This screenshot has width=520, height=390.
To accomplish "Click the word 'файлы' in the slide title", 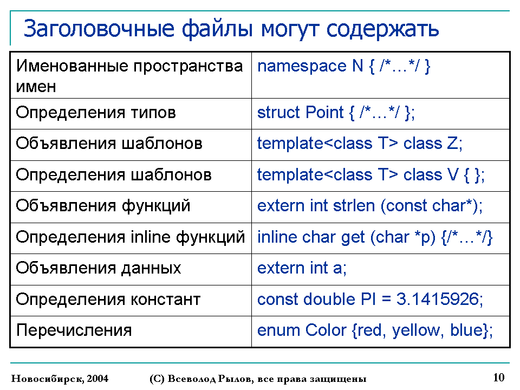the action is (x=217, y=29).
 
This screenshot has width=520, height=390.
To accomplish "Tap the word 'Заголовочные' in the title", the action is (x=99, y=29).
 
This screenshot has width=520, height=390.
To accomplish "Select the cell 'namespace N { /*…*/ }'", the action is (x=380, y=75).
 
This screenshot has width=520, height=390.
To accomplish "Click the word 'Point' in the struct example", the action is (x=324, y=113).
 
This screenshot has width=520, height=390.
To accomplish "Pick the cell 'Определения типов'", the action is (x=131, y=114).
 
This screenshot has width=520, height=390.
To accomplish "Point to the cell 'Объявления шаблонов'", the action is (x=131, y=145).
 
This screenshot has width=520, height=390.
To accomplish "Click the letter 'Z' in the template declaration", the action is (x=452, y=144).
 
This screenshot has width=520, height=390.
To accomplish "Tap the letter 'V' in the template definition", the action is (x=453, y=175).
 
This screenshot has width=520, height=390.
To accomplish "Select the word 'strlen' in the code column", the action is (x=354, y=206).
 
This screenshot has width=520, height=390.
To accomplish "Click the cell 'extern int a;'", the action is (x=380, y=270).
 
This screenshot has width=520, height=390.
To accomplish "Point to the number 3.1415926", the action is (x=438, y=299).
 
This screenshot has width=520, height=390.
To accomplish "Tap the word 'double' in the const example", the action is (x=329, y=299).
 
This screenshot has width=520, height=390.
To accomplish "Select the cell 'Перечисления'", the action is (x=131, y=331).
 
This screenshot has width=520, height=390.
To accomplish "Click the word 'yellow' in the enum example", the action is (x=416, y=330).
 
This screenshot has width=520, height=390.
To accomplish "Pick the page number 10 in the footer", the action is (x=499, y=378).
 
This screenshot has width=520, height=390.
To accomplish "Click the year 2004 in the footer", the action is (x=97, y=379).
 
